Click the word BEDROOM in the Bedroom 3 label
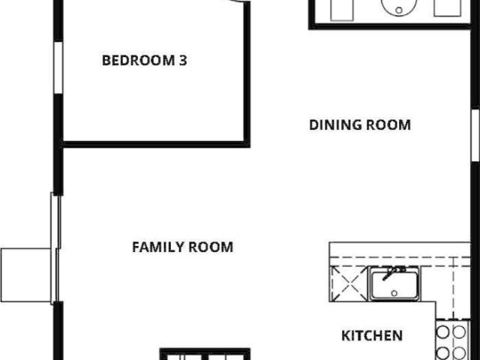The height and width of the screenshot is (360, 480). [138, 60]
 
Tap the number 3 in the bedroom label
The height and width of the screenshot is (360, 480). [183, 60]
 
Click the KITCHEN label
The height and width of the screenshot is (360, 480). [372, 335]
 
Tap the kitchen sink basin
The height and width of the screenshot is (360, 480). [394, 285]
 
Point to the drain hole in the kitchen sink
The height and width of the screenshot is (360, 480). [394, 293]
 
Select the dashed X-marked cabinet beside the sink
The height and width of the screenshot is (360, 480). [349, 283]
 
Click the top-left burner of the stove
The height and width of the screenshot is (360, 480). [442, 332]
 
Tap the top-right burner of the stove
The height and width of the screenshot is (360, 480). [459, 332]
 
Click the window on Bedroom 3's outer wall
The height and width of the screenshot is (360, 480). [58, 67]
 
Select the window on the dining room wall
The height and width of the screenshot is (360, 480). [475, 135]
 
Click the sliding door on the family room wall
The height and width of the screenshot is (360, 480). [55, 248]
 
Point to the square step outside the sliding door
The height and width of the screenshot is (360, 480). [25, 275]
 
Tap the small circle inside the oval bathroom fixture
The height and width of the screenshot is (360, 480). [399, 10]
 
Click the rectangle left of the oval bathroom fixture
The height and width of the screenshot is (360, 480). [342, 10]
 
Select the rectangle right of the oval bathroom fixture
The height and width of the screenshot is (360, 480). [448, 8]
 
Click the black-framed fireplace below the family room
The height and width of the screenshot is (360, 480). [205, 354]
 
